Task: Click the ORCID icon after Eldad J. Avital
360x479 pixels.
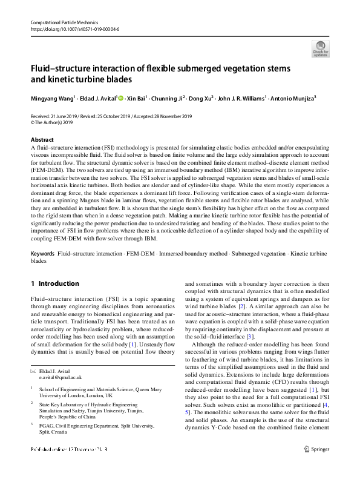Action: (120, 97)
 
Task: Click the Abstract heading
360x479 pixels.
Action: (41, 139)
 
